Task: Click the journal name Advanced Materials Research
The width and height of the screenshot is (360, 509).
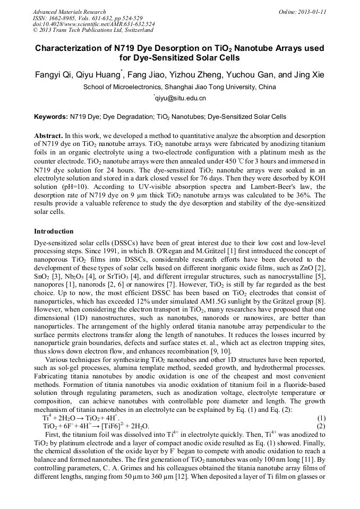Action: pos(69,11)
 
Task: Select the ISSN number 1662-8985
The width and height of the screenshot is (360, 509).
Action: pos(63,18)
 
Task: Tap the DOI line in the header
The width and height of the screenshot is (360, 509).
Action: pos(93,24)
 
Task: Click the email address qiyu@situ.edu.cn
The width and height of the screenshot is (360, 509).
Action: pos(180,98)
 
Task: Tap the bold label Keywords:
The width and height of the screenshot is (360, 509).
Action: pos(50,117)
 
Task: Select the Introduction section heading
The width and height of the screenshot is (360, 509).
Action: pos(54,231)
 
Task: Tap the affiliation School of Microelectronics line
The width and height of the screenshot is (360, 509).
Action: pos(180,87)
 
